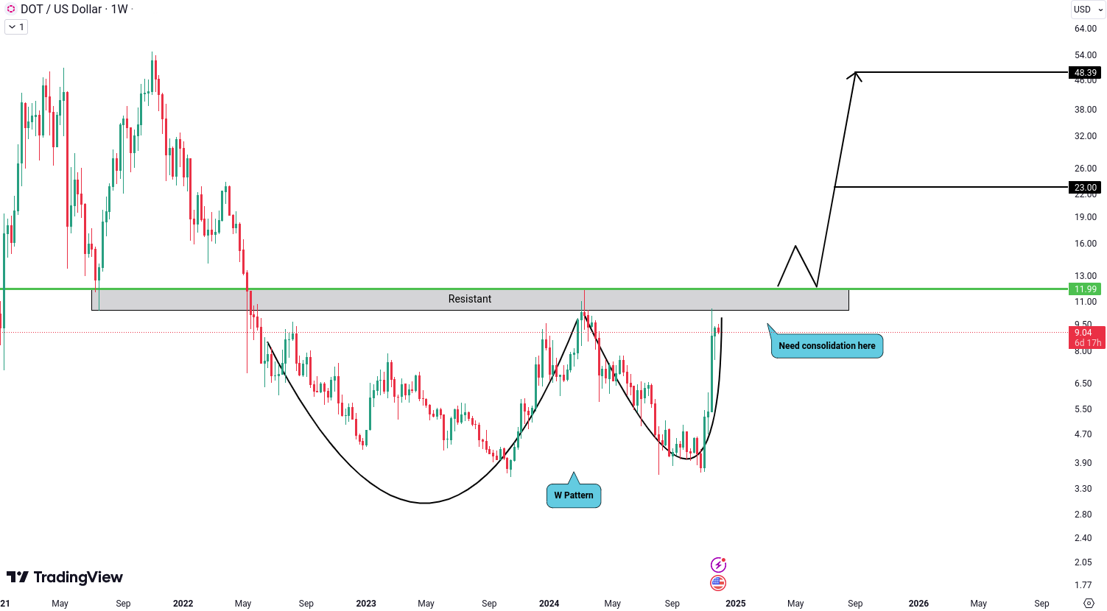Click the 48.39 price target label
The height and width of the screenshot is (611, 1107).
1085,73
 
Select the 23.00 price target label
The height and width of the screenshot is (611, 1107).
1085,188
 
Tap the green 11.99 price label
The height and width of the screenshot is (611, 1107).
1085,289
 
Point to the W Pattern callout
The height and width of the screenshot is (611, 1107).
574,495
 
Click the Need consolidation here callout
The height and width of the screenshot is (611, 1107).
826,346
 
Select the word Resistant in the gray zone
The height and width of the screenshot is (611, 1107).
470,299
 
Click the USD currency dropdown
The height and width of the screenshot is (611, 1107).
1088,10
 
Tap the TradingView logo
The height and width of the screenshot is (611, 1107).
65,577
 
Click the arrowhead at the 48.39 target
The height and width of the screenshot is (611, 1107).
855,73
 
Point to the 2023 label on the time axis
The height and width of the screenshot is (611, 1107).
366,604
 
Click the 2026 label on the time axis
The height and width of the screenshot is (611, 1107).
918,604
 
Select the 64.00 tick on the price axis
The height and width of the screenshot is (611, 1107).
1085,29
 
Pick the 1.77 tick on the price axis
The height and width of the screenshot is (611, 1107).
1083,585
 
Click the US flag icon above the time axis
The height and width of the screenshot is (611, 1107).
718,583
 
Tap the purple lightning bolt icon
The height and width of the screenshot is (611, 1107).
718,565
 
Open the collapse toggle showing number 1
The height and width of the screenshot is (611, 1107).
16,27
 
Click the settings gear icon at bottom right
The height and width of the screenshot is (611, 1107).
1089,604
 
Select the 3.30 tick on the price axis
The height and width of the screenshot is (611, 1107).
1083,489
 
